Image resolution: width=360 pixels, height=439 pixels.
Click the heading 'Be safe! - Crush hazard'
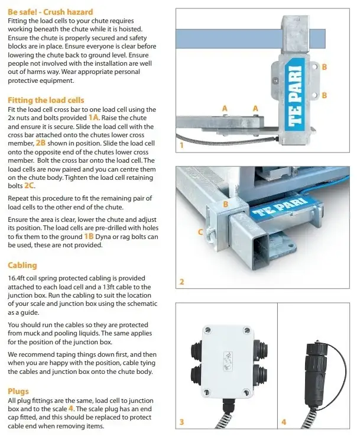[x=50, y=12]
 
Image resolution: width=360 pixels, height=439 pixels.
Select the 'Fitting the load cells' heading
[x=46, y=100]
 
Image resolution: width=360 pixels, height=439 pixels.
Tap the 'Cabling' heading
[x=22, y=265]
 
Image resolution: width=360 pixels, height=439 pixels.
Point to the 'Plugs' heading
[x=18, y=391]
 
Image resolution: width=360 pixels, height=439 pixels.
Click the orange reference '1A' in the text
[x=95, y=118]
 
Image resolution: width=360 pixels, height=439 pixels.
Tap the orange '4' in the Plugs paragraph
[x=70, y=408]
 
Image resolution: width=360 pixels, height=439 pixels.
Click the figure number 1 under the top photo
[x=180, y=144]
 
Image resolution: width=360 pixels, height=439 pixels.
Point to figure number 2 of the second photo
[x=181, y=282]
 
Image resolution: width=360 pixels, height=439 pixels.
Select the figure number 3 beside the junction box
[x=181, y=422]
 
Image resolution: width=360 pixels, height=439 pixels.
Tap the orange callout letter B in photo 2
[x=225, y=204]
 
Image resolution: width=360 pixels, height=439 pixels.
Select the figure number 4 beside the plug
[x=284, y=422]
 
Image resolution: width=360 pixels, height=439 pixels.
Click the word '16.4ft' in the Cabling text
[x=19, y=278]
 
